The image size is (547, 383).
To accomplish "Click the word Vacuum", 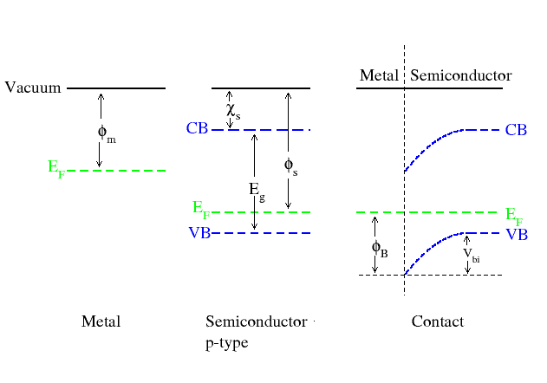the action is click(33, 88).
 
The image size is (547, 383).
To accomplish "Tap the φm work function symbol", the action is click(107, 134).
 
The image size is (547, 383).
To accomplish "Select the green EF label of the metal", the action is click(56, 169).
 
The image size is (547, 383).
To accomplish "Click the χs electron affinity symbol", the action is click(233, 111).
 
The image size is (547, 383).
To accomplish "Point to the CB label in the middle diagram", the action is click(197, 128).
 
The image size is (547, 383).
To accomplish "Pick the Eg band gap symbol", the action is click(257, 191).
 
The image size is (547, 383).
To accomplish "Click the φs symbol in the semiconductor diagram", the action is click(291, 166).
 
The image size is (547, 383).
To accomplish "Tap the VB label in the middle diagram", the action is click(199, 233).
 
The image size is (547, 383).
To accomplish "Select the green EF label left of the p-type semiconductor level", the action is click(201, 210).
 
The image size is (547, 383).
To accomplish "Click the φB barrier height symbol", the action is click(380, 249).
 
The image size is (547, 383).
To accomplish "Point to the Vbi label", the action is click(472, 255).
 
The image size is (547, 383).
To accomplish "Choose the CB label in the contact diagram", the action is click(516, 130).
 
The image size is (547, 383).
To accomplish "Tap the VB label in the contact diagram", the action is click(517, 235).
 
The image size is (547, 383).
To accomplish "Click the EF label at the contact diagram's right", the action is click(514, 217).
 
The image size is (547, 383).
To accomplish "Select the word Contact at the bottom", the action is click(438, 321).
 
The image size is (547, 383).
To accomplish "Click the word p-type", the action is click(227, 343).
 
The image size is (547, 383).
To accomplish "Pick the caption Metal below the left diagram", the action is click(101, 321).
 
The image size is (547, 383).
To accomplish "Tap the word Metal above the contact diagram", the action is click(379, 75).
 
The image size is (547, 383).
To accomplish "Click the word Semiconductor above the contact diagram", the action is click(461, 75).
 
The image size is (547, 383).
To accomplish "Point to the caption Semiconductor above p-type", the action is click(257, 321).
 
